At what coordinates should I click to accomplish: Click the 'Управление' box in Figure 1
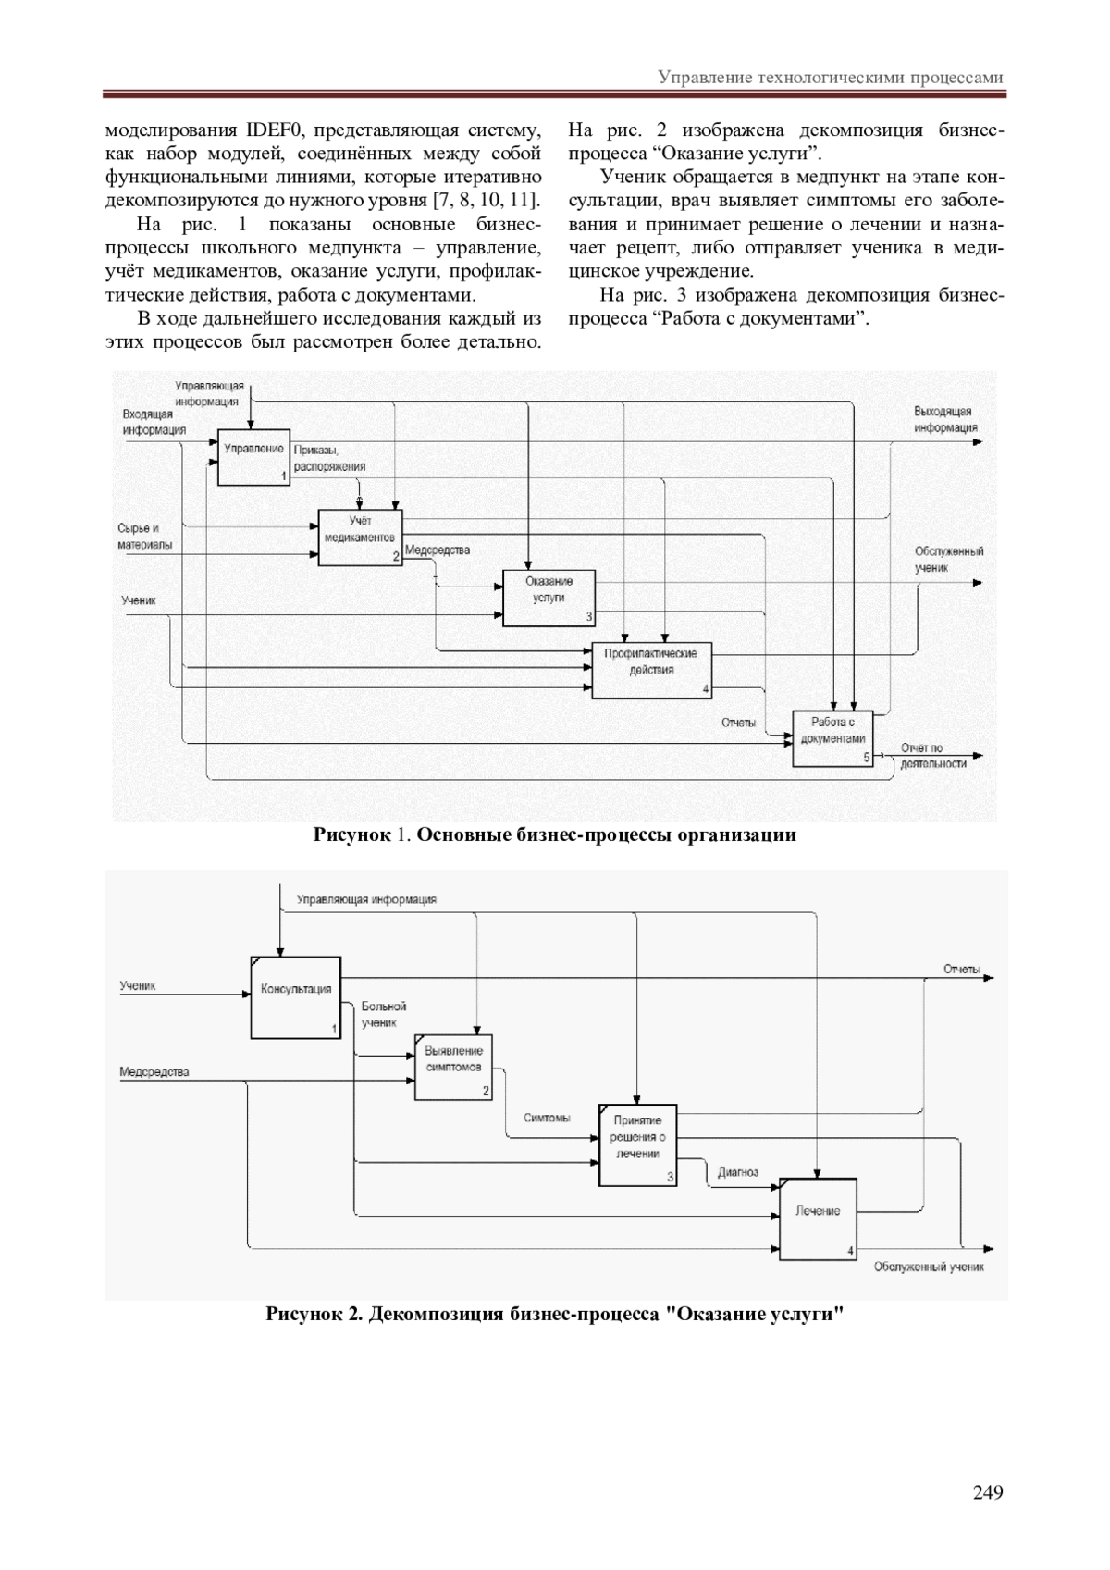[253, 457]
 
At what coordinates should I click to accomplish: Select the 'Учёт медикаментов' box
[361, 537]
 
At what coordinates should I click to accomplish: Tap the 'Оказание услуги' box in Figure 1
[549, 598]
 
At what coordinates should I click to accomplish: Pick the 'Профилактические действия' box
[651, 670]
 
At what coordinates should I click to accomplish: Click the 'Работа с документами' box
[832, 738]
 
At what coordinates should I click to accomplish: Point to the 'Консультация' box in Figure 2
[295, 997]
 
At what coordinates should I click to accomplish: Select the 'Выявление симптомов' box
[453, 1066]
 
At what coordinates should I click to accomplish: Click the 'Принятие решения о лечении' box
[637, 1144]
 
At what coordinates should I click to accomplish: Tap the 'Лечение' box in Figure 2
[818, 1218]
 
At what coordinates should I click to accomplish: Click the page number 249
[988, 1490]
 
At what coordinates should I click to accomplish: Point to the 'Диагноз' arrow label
[738, 1172]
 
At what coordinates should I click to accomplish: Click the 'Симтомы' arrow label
[547, 1118]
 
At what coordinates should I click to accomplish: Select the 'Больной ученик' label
[383, 1014]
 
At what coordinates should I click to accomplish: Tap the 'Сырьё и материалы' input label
[144, 537]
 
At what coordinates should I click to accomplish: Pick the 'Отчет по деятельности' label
[932, 756]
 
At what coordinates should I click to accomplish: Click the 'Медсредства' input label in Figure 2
[154, 1072]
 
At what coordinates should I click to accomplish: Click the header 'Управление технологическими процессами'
[830, 78]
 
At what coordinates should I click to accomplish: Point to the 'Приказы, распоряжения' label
[328, 459]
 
